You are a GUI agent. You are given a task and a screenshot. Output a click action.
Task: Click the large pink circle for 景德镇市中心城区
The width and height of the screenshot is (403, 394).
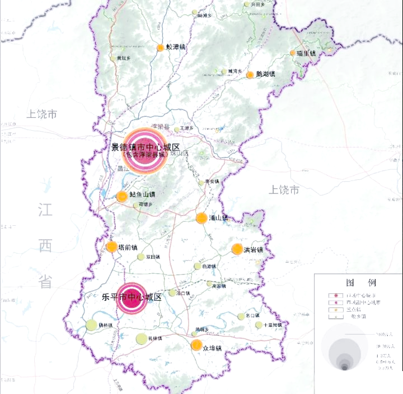click(145, 151)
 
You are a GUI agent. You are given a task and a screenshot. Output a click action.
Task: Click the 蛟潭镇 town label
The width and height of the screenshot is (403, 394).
click(176, 48)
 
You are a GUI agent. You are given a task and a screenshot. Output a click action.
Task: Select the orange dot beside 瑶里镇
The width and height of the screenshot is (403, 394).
click(292, 53)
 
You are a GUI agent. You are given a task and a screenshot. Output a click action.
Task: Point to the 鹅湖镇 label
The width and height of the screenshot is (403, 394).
click(265, 74)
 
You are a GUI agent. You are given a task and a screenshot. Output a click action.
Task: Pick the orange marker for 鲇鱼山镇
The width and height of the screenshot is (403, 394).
click(121, 196)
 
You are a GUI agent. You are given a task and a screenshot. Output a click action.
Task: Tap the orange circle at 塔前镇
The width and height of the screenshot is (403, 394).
click(111, 246)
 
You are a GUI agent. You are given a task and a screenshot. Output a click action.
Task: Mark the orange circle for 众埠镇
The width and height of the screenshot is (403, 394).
click(196, 345)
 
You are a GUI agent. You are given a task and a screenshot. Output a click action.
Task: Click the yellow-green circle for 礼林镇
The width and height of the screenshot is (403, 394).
click(141, 338)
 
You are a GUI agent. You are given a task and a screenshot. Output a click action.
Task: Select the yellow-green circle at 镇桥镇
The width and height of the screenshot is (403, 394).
click(91, 325)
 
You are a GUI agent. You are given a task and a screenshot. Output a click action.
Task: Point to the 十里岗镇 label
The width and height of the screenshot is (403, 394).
click(273, 325)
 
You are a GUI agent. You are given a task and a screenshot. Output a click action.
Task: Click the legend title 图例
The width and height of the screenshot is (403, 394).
click(357, 282)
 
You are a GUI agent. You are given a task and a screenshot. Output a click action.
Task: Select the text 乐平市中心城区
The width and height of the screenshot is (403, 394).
click(132, 297)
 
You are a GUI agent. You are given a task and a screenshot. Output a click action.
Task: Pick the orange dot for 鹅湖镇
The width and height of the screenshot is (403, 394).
click(250, 75)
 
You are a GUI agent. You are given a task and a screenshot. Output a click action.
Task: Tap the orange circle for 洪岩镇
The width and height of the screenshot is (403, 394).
click(237, 249)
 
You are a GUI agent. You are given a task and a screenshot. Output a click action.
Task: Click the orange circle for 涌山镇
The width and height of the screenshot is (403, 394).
click(201, 218)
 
